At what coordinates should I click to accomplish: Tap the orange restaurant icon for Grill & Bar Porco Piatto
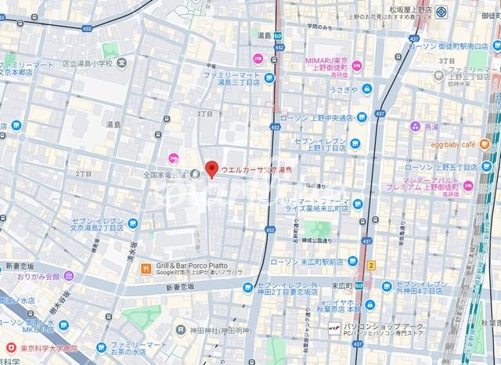(x=145, y=269)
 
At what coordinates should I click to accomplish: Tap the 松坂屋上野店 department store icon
(x=442, y=13)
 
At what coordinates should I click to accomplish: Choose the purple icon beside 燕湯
(x=413, y=126)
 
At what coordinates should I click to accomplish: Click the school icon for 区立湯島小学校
(x=123, y=63)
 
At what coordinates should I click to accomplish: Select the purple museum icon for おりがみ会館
(x=69, y=276)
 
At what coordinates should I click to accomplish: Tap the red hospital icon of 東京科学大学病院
(x=9, y=347)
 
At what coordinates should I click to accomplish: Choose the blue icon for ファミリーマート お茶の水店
(x=101, y=347)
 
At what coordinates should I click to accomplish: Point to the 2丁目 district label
(x=84, y=172)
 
